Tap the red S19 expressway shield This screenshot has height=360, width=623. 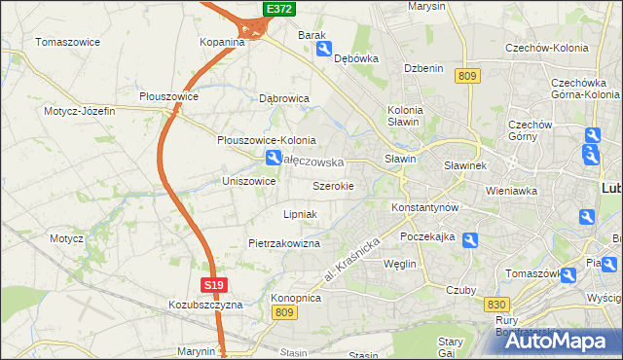coord(215,285)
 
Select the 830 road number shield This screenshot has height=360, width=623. coord(495,305)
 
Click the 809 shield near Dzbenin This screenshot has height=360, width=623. coord(468,76)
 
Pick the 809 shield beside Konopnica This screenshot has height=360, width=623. coord(283,311)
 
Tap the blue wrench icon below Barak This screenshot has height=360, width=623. coord(324,49)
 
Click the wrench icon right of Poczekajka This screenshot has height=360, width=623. coord(470,240)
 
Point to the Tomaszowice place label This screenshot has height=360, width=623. coord(70,43)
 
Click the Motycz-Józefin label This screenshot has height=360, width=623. coord(80,111)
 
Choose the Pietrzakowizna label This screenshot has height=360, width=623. coord(284,243)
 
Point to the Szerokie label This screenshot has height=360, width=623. coord(333,185)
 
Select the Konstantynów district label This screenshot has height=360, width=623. coord(424,208)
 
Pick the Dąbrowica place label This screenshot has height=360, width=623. coord(284,98)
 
